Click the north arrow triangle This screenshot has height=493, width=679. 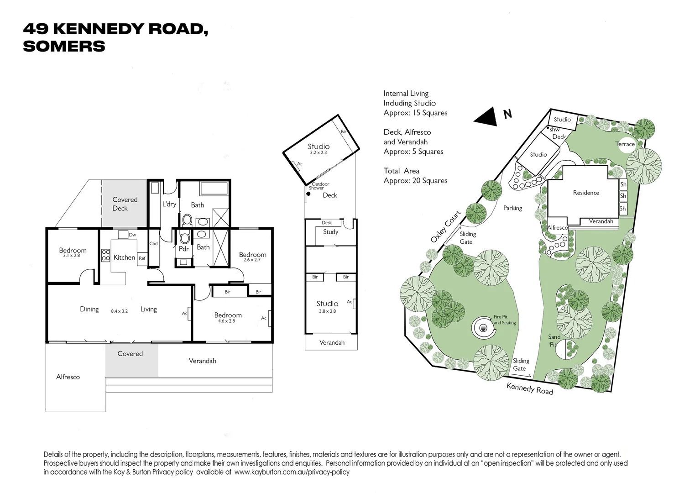click(x=486, y=117)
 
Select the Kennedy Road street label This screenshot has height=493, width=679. click(x=529, y=388)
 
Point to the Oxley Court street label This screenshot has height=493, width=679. click(x=445, y=226)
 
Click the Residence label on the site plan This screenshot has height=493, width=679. click(x=586, y=193)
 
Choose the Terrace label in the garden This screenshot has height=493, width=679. click(x=625, y=144)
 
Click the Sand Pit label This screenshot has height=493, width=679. click(x=554, y=341)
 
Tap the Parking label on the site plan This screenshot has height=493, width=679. click(x=512, y=208)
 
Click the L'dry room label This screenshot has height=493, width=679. click(x=169, y=204)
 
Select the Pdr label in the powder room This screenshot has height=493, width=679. click(x=183, y=249)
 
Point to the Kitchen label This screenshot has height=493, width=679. click(x=124, y=257)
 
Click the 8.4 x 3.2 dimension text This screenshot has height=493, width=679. click(x=119, y=311)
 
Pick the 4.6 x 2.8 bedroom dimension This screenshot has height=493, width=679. click(x=226, y=321)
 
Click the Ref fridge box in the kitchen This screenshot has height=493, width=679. click(x=142, y=258)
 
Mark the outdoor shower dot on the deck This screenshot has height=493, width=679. click(x=308, y=194)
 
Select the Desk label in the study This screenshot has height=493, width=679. click(x=327, y=223)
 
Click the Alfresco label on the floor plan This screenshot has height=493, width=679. click(x=68, y=377)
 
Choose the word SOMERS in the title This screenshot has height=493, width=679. click(x=64, y=47)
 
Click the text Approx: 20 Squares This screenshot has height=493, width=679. click(x=415, y=181)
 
